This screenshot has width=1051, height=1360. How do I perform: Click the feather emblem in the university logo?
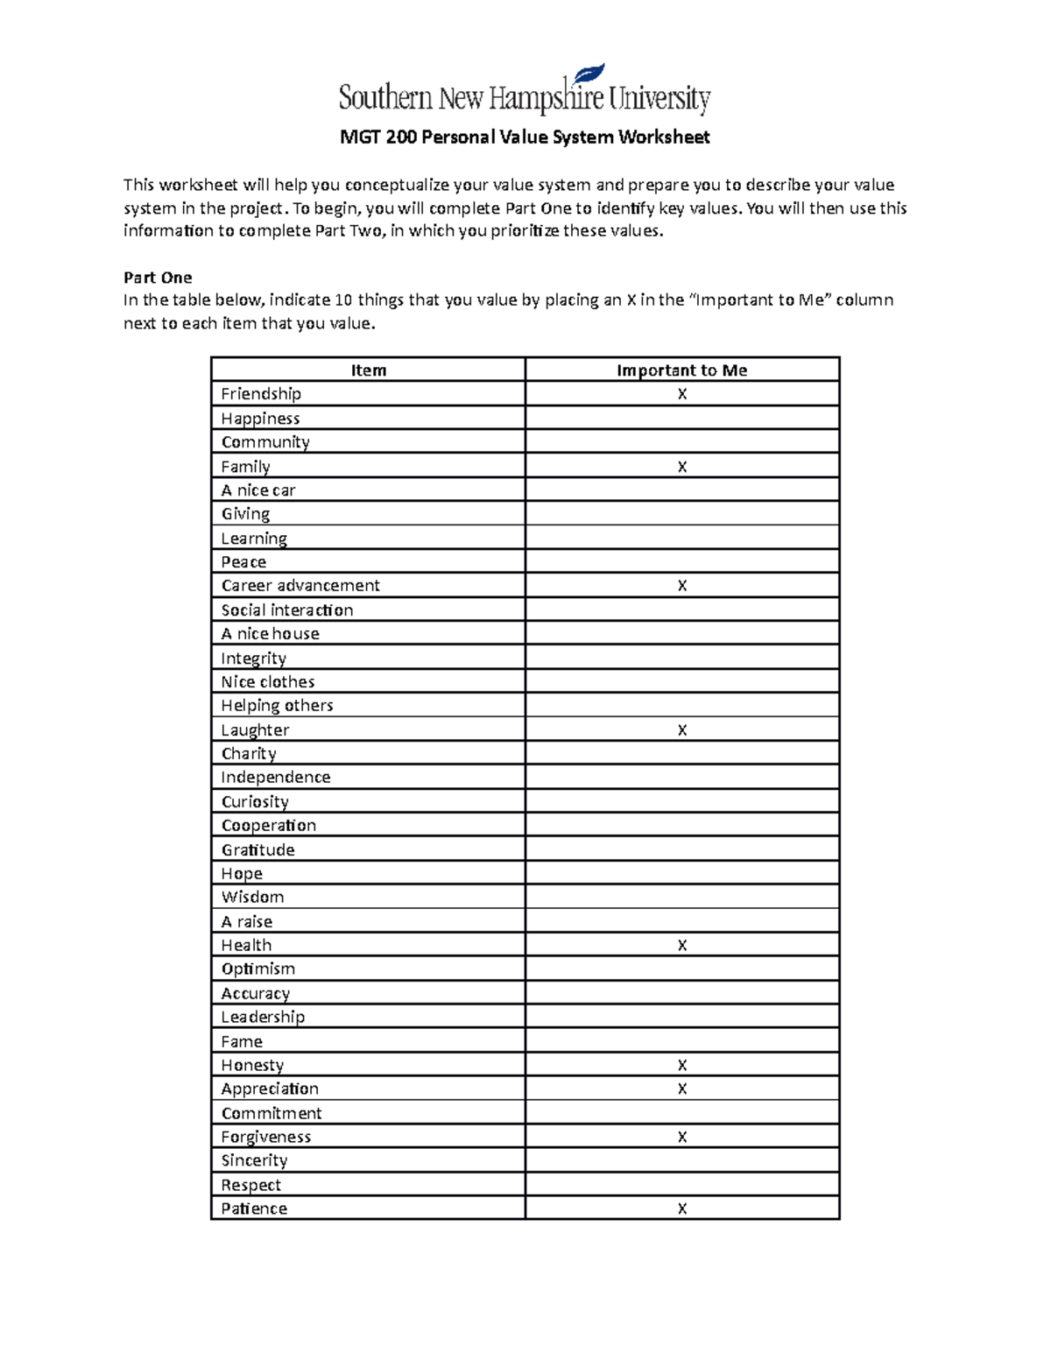(x=589, y=76)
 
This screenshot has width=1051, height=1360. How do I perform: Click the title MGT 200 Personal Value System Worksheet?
(x=525, y=137)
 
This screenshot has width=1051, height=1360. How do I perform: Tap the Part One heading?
(x=158, y=278)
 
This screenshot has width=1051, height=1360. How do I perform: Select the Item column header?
(x=368, y=370)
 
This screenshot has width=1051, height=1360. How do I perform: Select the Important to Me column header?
(x=681, y=370)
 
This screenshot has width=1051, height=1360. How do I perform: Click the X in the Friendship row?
(x=682, y=394)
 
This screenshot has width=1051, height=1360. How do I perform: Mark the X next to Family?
(x=682, y=467)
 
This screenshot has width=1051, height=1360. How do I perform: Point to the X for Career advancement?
(x=682, y=586)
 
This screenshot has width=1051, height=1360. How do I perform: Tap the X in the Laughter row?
(x=682, y=730)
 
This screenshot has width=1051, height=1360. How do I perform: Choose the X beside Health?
(x=682, y=946)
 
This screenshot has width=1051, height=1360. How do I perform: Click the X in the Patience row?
(x=682, y=1208)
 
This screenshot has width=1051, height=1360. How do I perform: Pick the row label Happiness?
(x=260, y=419)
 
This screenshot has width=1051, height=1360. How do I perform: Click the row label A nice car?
(x=258, y=490)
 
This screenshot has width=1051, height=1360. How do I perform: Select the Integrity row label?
(x=253, y=658)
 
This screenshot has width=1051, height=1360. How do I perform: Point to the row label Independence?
(x=275, y=778)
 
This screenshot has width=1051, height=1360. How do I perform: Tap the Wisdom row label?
(x=252, y=897)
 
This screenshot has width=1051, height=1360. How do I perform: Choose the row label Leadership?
(x=263, y=1017)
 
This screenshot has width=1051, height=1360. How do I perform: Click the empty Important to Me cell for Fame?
(x=682, y=1041)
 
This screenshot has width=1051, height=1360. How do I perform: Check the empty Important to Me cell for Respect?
(x=682, y=1185)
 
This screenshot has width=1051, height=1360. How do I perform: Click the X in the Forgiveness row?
(x=682, y=1137)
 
